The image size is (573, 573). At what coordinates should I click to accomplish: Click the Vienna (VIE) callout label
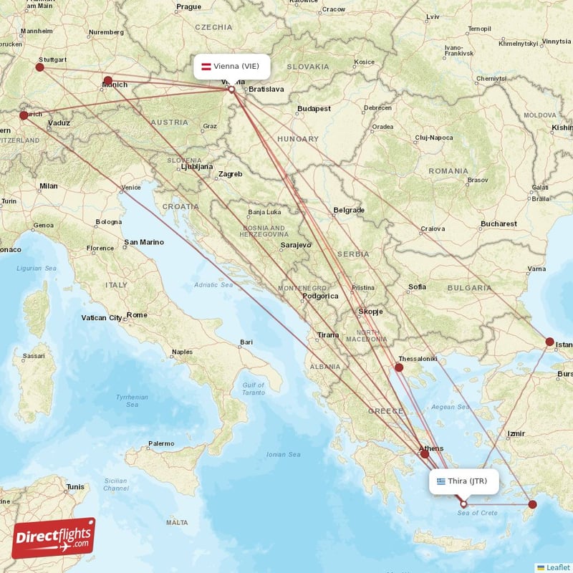click(233, 67)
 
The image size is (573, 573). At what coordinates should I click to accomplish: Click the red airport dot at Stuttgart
click(39, 67)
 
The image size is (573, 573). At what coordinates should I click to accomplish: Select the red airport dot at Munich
click(108, 80)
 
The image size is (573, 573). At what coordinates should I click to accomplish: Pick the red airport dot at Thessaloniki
click(399, 367)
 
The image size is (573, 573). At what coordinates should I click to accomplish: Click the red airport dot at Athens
click(425, 453)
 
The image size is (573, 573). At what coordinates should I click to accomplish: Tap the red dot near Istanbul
click(550, 342)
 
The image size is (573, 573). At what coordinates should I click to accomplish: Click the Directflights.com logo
click(53, 538)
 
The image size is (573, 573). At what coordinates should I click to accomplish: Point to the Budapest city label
click(314, 109)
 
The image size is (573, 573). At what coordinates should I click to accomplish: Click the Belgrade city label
click(349, 211)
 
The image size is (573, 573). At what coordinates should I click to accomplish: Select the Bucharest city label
click(499, 224)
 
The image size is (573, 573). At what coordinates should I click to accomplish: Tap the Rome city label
click(137, 315)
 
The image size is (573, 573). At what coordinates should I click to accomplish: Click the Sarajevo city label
click(295, 245)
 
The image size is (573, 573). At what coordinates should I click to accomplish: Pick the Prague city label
click(188, 6)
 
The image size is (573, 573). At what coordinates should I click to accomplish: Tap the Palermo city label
click(160, 443)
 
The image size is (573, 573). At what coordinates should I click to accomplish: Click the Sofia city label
click(417, 286)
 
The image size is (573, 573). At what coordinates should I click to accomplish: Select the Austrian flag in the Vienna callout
click(206, 67)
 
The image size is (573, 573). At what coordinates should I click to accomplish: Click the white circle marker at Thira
click(463, 504)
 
